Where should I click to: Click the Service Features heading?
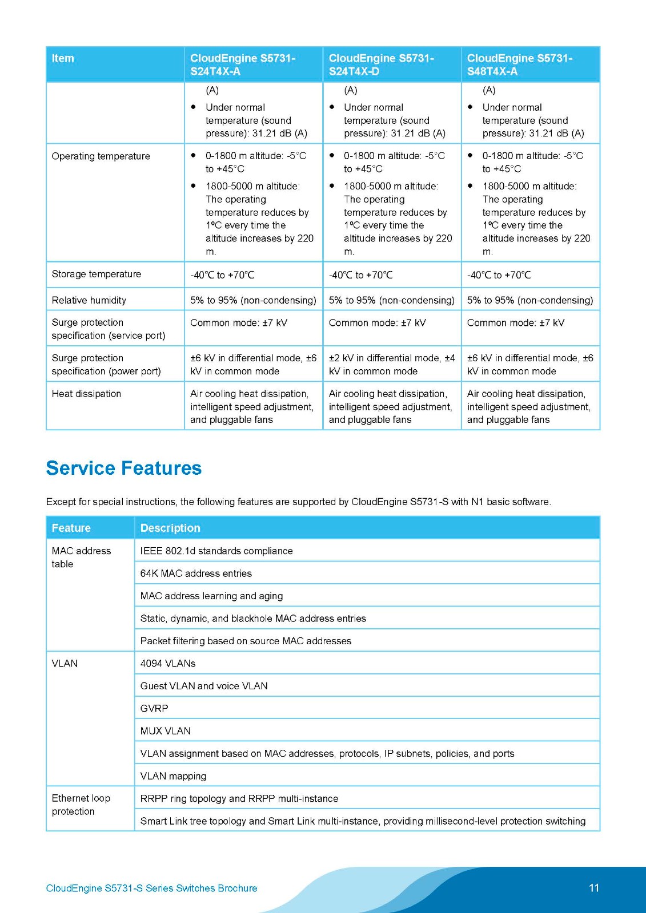point(123,468)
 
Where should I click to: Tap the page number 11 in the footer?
point(593,888)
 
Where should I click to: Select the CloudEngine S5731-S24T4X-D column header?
point(381,64)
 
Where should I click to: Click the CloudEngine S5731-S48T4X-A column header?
point(519,64)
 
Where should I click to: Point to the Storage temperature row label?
point(97,274)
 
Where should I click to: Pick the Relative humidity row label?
point(89,300)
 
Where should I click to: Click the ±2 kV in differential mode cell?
point(391,364)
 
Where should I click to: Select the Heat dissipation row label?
point(86,394)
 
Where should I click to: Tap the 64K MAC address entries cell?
point(196,573)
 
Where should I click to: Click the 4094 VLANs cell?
point(168,663)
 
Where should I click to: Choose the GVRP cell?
point(154,708)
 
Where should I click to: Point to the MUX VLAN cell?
point(166,731)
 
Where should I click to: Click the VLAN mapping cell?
point(173,776)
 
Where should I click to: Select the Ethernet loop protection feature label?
point(81,805)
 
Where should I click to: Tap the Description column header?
point(170,528)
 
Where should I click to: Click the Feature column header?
point(71,528)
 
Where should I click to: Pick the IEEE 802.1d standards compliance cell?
point(216,551)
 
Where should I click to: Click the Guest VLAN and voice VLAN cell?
point(204,686)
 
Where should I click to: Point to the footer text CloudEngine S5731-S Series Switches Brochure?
point(151,888)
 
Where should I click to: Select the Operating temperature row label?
point(101,156)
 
